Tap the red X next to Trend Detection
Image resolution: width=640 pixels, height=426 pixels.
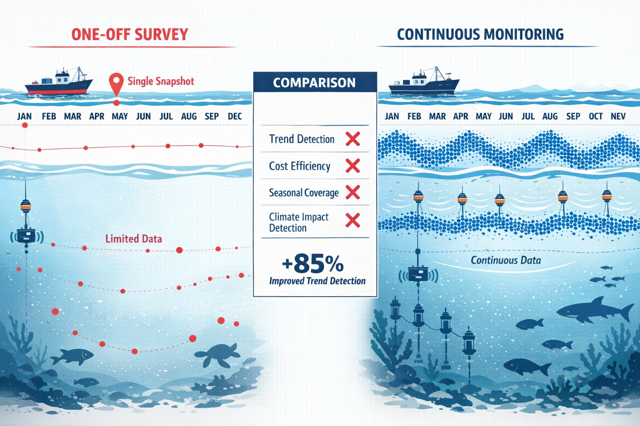pyautogui.click(x=352, y=139)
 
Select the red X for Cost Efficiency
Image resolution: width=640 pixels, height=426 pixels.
pyautogui.click(x=352, y=166)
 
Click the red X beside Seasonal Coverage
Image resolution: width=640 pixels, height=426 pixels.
pyautogui.click(x=352, y=193)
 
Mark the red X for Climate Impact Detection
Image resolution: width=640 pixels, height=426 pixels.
pyautogui.click(x=352, y=220)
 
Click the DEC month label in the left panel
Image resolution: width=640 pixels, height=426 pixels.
pyautogui.click(x=235, y=116)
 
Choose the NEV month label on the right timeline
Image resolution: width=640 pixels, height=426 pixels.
pyautogui.click(x=618, y=116)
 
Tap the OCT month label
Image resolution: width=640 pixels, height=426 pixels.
pyautogui.click(x=595, y=116)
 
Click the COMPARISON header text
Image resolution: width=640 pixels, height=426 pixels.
pyautogui.click(x=314, y=83)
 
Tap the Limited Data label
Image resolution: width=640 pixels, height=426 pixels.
pyautogui.click(x=133, y=239)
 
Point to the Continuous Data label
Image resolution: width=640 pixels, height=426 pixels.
pyautogui.click(x=506, y=260)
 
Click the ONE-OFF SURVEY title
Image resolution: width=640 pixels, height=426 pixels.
pyautogui.click(x=130, y=34)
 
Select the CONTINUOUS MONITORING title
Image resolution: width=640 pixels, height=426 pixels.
pyautogui.click(x=480, y=34)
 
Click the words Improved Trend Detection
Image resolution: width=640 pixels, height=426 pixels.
pyautogui.click(x=317, y=281)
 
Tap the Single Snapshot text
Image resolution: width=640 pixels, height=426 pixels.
pyautogui.click(x=161, y=81)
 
